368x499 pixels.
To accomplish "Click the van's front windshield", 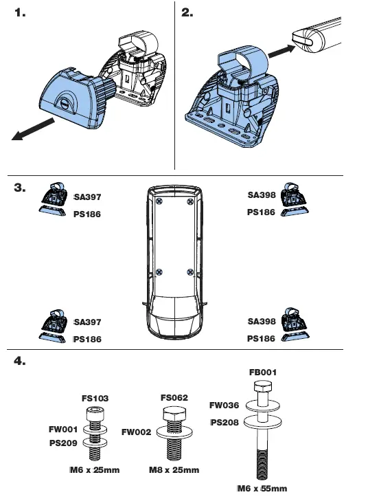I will click(x=175, y=310).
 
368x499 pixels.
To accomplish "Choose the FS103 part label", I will click(x=95, y=399).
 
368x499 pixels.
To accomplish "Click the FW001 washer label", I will click(x=62, y=429).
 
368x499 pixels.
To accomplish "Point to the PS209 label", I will click(x=62, y=443).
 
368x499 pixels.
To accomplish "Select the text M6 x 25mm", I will click(x=95, y=471).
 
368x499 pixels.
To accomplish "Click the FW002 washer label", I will click(x=135, y=433).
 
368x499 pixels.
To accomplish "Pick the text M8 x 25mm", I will click(x=174, y=471).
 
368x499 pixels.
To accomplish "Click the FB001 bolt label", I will click(x=263, y=372).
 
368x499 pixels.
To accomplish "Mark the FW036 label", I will click(x=224, y=406).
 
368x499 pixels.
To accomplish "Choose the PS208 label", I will click(x=224, y=422).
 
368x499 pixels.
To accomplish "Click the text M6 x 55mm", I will click(x=262, y=489).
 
